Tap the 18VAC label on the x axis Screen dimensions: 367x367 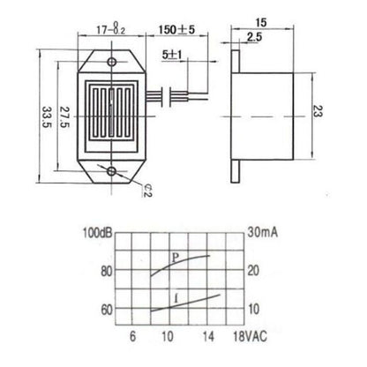248,337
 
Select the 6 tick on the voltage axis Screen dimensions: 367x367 133,337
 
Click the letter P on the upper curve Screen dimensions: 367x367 176,256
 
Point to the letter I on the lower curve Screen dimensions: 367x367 179,302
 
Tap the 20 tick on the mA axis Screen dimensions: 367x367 253,271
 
